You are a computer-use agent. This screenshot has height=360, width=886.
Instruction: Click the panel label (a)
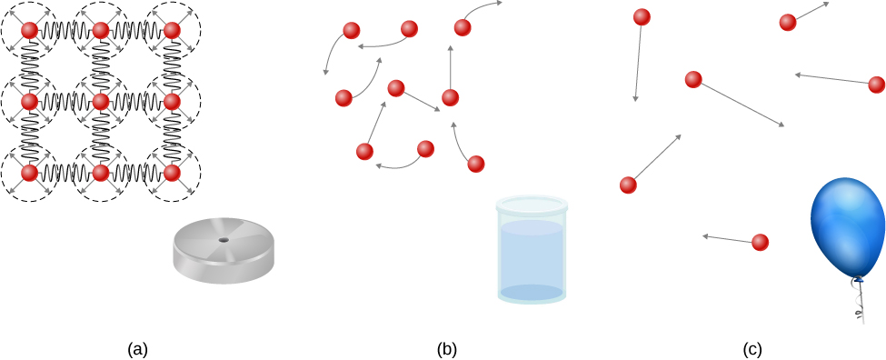tap(137, 348)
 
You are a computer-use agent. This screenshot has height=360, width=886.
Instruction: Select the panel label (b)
tap(447, 348)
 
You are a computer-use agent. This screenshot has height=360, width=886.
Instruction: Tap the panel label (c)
tap(752, 348)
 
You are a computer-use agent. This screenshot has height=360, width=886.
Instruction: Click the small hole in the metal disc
tap(224, 240)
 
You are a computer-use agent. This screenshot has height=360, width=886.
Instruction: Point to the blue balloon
tap(847, 227)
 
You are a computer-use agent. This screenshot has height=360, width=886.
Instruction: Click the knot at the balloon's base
tap(856, 280)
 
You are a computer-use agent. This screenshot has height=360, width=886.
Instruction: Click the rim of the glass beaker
tap(532, 205)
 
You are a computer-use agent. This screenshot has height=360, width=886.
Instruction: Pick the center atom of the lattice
tap(101, 101)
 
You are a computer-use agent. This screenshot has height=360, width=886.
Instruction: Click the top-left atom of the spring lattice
tap(29, 30)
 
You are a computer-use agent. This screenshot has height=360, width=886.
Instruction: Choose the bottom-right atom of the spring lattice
tap(172, 172)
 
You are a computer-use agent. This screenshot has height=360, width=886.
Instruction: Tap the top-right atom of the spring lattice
tap(172, 30)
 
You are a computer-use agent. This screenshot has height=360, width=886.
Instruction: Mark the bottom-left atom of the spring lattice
tap(29, 172)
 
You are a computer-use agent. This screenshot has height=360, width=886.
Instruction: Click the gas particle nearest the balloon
tap(761, 242)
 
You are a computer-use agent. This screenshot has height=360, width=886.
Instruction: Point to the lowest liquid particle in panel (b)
tap(475, 164)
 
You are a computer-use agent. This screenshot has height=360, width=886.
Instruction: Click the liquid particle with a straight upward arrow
tap(450, 97)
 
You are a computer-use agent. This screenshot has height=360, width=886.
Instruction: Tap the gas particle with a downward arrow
tap(642, 16)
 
